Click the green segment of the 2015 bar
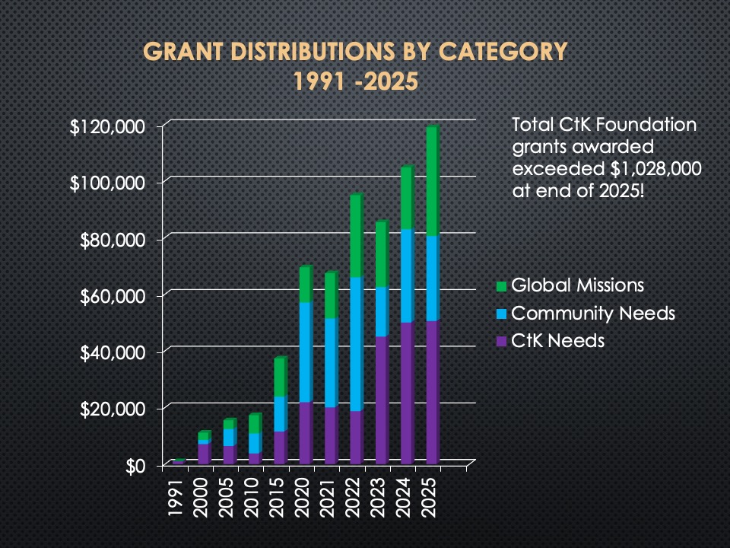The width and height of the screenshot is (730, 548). pyautogui.click(x=279, y=377)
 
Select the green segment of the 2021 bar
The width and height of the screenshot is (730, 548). pyautogui.click(x=330, y=295)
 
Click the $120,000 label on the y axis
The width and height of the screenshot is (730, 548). pyautogui.click(x=107, y=126)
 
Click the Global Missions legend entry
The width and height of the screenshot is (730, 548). pyautogui.click(x=577, y=285)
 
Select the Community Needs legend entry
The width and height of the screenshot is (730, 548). pyautogui.click(x=592, y=313)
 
